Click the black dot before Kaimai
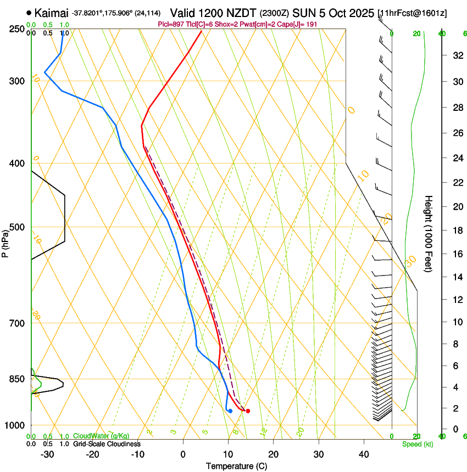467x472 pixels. [29, 12]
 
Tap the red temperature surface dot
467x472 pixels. [248, 411]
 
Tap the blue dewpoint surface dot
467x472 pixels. [230, 411]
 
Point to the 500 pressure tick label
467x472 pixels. [16, 227]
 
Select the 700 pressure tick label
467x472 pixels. [16, 323]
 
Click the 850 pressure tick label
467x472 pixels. [16, 379]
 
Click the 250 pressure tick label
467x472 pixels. [16, 29]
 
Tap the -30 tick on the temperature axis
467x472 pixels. [47, 454]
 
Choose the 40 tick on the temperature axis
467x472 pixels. [363, 454]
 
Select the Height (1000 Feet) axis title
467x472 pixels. [429, 234]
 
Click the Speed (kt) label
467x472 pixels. [417, 444]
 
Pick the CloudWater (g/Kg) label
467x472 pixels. [101, 436]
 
